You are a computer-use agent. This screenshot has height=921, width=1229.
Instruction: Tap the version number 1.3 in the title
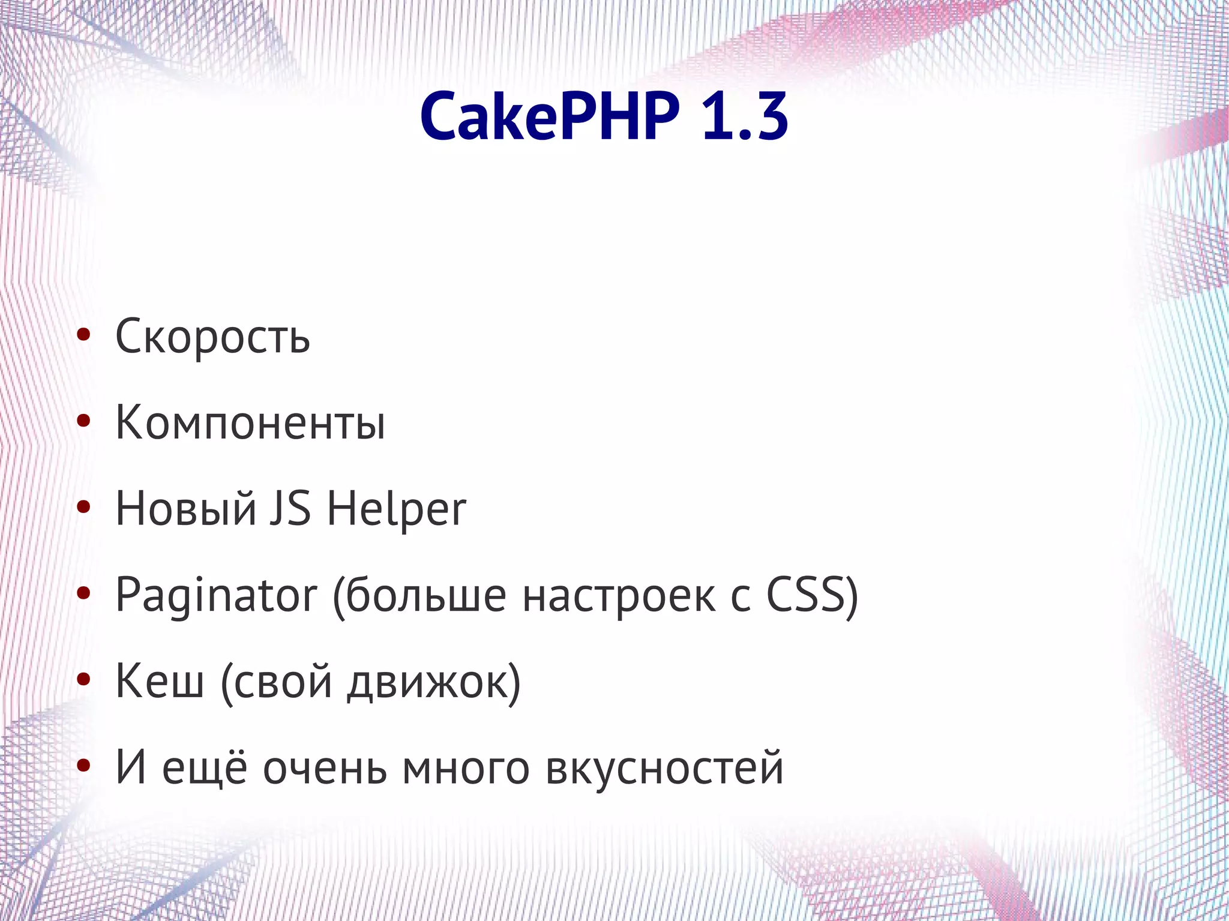click(744, 117)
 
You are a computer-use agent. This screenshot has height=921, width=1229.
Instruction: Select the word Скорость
click(212, 337)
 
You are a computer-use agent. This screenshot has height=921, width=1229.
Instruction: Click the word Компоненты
click(250, 423)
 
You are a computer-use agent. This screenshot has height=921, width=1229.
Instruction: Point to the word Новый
click(186, 509)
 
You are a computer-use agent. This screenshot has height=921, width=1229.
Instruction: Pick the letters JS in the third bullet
click(290, 509)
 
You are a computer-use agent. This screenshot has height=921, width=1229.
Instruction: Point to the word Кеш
click(160, 682)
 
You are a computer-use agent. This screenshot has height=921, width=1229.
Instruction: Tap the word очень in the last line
click(325, 769)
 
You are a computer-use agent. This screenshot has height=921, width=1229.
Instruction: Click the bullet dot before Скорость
click(83, 336)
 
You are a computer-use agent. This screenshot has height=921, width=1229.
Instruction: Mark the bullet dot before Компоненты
click(83, 422)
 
